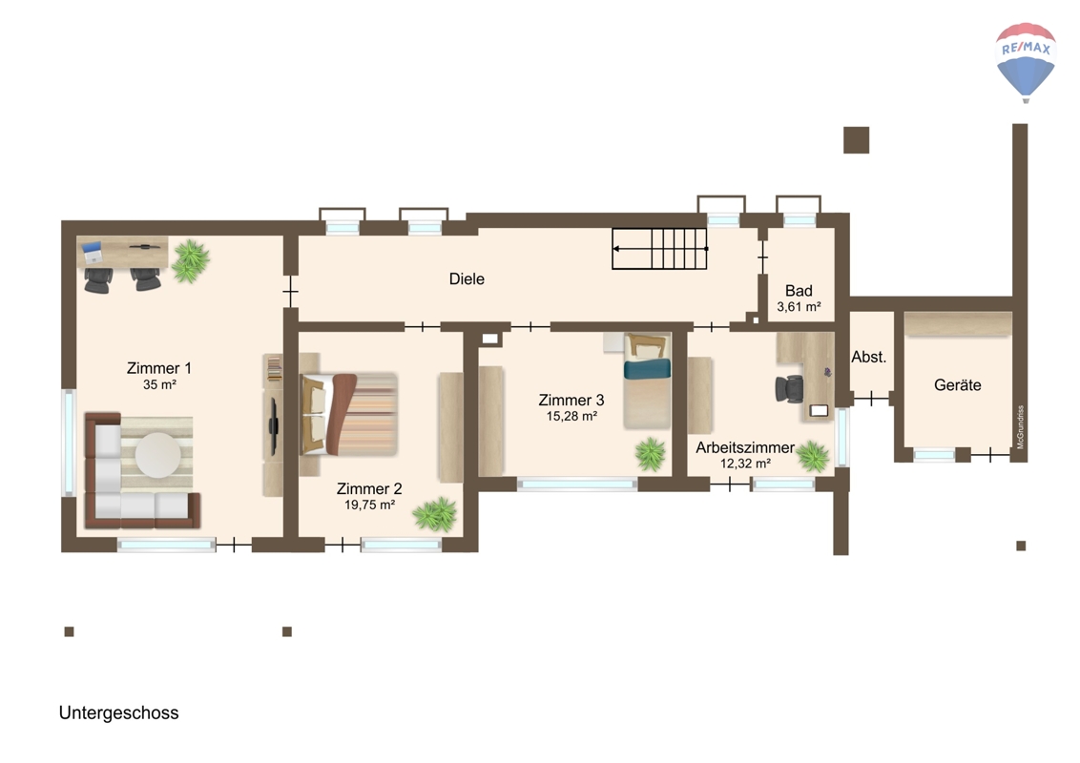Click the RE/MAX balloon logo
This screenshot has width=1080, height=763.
click(x=1026, y=62)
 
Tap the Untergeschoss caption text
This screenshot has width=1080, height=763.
click(x=118, y=712)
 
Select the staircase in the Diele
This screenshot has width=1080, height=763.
click(x=660, y=249)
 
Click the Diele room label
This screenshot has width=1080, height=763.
click(x=467, y=278)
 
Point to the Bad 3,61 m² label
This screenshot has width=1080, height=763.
click(x=799, y=299)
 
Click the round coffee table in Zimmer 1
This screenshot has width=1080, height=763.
click(x=158, y=455)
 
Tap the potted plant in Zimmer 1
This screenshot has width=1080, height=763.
click(x=190, y=261)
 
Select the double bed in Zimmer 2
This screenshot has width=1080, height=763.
click(x=348, y=414)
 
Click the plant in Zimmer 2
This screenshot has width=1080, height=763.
click(x=435, y=514)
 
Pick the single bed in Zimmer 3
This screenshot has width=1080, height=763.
click(x=647, y=381)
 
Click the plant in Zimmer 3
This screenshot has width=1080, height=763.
click(x=651, y=455)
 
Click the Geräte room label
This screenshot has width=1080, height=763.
click(x=957, y=385)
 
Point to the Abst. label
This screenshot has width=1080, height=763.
click(x=868, y=357)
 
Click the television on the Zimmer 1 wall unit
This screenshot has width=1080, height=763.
click(x=274, y=426)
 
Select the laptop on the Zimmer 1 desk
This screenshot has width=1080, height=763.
click(x=93, y=252)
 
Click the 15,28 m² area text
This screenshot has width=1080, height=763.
click(x=571, y=417)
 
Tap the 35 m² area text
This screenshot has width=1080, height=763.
click(x=159, y=385)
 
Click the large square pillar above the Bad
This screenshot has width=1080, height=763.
click(x=856, y=140)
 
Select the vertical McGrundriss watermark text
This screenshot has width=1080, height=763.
click(x=1020, y=427)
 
